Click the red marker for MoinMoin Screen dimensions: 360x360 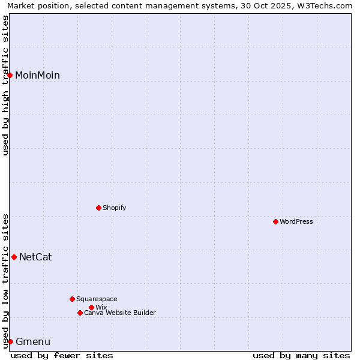click(10, 75)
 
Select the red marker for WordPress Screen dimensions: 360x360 click(275, 221)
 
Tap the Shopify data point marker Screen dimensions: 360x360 click(98, 208)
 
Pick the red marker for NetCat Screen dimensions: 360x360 click(14, 257)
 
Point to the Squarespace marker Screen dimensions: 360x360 click(72, 299)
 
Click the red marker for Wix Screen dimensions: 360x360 click(91, 307)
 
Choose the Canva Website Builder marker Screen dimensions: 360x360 click(80, 313)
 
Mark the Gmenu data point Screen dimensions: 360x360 click(10, 341)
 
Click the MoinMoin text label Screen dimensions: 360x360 click(37, 75)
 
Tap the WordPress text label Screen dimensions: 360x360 click(296, 221)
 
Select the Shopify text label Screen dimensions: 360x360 click(114, 208)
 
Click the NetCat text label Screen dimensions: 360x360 click(35, 257)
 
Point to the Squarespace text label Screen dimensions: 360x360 click(97, 299)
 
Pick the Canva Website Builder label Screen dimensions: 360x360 click(120, 313)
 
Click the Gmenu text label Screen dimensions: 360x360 click(33, 342)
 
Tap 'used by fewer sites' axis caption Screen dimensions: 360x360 click(62, 355)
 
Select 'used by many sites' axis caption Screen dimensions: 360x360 click(301, 355)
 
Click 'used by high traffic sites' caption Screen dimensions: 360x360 click(5, 85)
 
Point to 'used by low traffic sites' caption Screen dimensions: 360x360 click(5, 280)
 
